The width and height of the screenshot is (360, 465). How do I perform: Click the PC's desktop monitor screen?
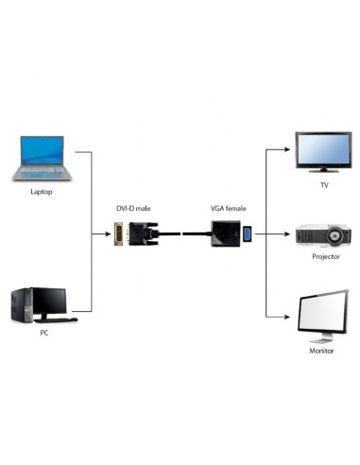(x=52, y=301)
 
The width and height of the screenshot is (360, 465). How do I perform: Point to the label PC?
(x=43, y=334)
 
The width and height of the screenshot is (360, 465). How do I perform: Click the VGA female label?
(x=228, y=207)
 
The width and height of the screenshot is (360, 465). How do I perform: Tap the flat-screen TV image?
(x=321, y=151)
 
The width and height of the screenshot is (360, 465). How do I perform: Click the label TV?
(x=324, y=185)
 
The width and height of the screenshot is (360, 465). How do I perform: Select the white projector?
(x=323, y=232)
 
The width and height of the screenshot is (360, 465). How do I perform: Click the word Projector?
(x=324, y=256)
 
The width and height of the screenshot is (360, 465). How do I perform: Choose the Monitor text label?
(x=322, y=352)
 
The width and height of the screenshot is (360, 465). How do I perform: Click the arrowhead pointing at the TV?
(x=286, y=148)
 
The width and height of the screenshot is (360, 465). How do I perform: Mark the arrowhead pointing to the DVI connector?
(x=108, y=232)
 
